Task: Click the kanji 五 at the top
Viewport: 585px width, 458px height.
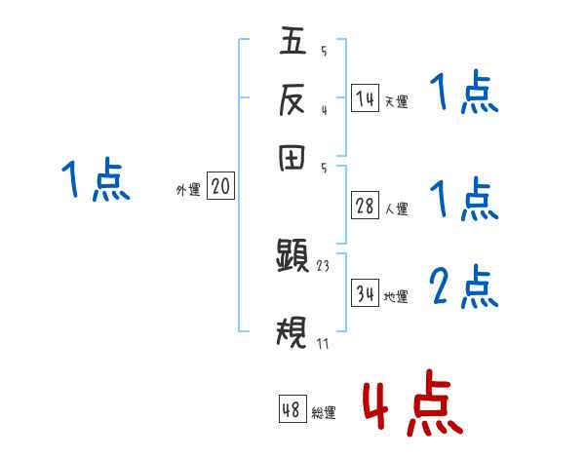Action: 293,43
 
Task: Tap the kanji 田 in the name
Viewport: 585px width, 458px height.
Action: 293,160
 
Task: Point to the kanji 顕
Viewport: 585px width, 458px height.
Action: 293,257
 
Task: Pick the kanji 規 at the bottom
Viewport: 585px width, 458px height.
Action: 293,334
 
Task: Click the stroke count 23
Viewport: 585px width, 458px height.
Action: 325,265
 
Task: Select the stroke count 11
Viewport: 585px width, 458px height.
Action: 324,343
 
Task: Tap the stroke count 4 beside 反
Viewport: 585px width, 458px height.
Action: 323,109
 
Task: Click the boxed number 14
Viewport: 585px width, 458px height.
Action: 365,98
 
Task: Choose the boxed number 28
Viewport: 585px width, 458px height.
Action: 365,206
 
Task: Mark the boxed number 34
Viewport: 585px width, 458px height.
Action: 365,292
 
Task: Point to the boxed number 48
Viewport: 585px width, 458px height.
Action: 292,410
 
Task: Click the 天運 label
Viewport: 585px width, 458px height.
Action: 396,101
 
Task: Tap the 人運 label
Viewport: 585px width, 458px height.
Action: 396,209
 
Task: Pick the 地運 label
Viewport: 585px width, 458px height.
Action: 396,296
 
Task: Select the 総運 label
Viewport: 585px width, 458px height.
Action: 323,413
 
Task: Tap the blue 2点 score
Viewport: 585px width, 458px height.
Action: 463,287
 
